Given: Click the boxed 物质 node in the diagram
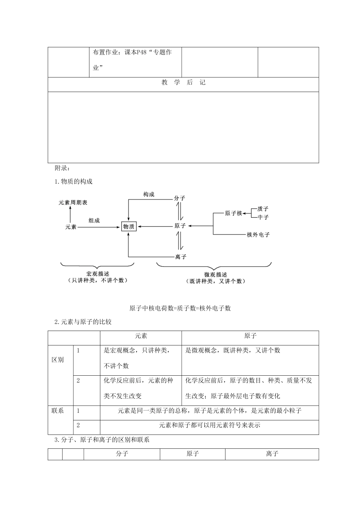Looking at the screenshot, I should click(x=129, y=226).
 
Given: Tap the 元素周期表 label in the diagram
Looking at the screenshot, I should click(x=73, y=203).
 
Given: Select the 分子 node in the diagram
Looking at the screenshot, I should click(x=180, y=198).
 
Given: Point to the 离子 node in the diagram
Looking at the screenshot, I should click(x=181, y=257).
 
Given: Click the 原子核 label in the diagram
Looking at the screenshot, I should click(x=233, y=214).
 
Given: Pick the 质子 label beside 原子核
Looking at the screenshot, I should click(x=263, y=209).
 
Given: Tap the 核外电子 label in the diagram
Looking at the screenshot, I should click(x=258, y=235).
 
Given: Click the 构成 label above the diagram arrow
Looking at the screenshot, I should click(x=149, y=194).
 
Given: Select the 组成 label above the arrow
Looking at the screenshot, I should click(x=94, y=220).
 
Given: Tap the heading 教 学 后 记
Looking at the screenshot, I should click(x=183, y=83).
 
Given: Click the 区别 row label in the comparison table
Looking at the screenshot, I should click(x=58, y=360).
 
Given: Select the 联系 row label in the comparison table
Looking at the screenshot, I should click(x=58, y=411).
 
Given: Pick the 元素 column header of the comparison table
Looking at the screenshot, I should click(x=141, y=336).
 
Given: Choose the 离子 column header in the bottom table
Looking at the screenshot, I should click(x=272, y=453).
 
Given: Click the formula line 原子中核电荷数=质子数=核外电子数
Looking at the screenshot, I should click(x=180, y=308).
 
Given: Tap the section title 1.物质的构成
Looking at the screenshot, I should click(x=74, y=181).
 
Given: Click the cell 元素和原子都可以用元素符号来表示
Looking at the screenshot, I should click(x=210, y=425).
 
